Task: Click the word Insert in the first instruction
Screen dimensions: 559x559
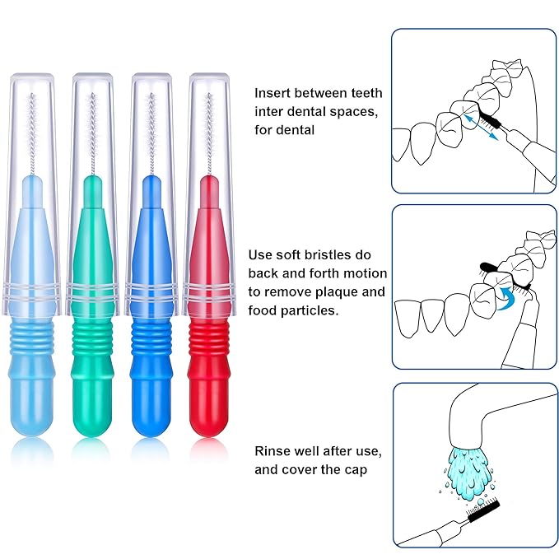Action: point(272,94)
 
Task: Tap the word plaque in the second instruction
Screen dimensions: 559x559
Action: point(339,291)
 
